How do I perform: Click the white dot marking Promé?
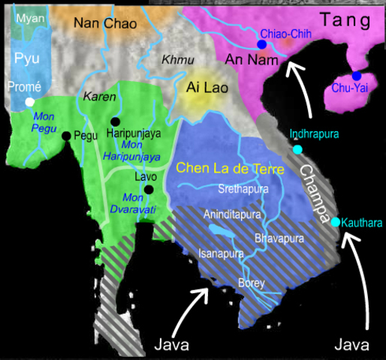[29, 101]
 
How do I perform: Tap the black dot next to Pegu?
[67, 136]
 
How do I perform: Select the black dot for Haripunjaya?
[115, 121]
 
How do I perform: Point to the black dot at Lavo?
[137, 190]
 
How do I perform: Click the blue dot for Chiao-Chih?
[261, 45]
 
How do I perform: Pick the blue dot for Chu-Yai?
[356, 76]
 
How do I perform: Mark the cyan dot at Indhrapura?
[297, 149]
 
